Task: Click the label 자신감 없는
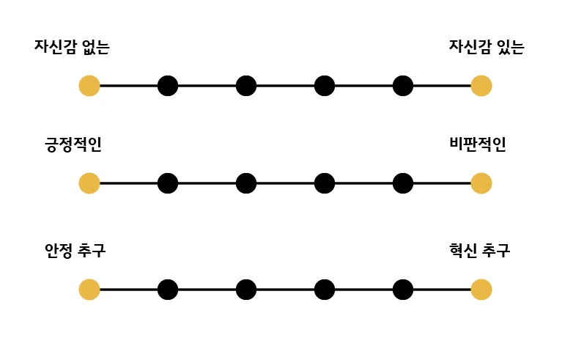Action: click(72, 48)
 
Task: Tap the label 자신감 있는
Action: click(487, 48)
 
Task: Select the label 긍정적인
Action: click(73, 144)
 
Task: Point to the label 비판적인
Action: click(478, 144)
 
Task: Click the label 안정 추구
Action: click(75, 251)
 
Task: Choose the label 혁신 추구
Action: click(480, 251)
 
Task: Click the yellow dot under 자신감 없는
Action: click(89, 86)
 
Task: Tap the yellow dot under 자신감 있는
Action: click(481, 86)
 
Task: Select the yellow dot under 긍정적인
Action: click(89, 183)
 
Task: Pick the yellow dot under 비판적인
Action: click(481, 183)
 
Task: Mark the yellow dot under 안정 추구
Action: click(89, 290)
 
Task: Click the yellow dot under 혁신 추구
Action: click(481, 290)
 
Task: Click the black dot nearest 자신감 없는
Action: click(168, 86)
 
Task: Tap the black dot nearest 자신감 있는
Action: click(403, 86)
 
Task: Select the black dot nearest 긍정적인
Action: click(168, 183)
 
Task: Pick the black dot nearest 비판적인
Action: click(403, 183)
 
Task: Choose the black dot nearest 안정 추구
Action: click(168, 290)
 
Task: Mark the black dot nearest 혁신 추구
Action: click(403, 290)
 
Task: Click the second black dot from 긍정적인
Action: click(246, 183)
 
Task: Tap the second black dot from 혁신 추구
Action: click(325, 290)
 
